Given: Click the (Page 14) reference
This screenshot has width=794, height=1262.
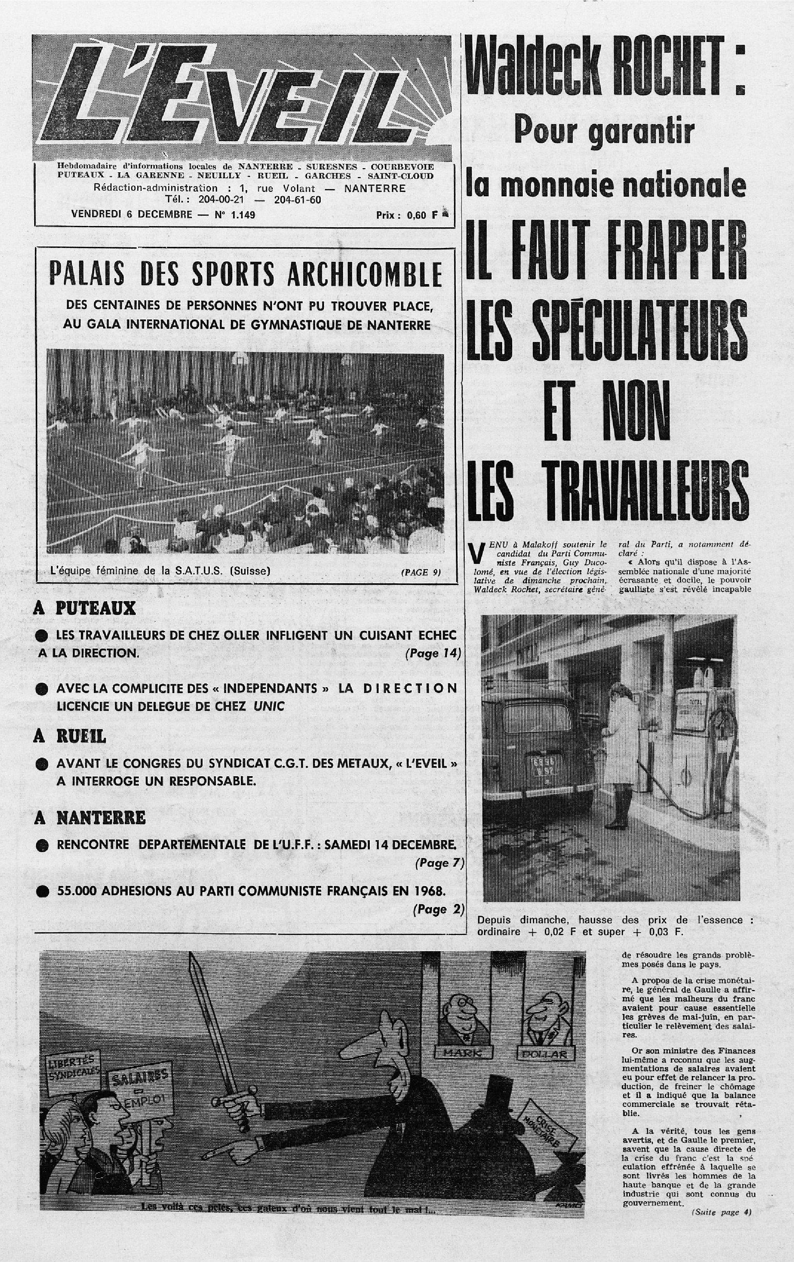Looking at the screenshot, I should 432,654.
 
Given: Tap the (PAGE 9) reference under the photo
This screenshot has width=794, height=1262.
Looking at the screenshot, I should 421,572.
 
